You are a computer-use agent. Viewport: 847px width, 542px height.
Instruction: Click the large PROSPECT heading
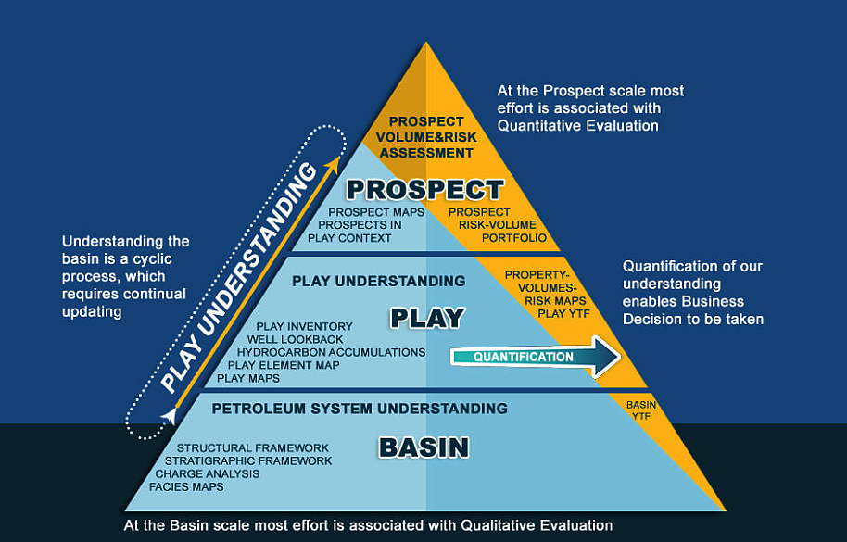tap(424, 191)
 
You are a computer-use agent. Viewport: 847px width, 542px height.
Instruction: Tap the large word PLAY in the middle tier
tap(427, 318)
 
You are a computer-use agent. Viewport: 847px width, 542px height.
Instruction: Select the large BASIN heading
tap(423, 447)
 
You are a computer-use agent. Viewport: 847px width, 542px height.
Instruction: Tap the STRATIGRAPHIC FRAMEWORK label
tap(248, 461)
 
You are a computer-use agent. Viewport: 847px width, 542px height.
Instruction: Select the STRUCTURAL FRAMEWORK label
tap(253, 448)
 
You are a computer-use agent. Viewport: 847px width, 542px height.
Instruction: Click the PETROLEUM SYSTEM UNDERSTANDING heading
tap(360, 409)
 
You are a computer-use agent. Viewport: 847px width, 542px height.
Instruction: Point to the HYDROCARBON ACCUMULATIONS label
tap(331, 352)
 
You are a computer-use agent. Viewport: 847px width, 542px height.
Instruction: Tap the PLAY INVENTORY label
tap(304, 326)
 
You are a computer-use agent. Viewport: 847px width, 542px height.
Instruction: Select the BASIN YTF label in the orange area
tap(641, 410)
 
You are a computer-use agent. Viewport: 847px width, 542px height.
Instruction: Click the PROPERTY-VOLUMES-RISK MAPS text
tap(547, 288)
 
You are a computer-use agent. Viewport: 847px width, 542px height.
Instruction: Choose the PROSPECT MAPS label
tap(376, 212)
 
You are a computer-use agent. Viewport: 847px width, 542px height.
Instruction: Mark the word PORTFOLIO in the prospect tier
tap(514, 238)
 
